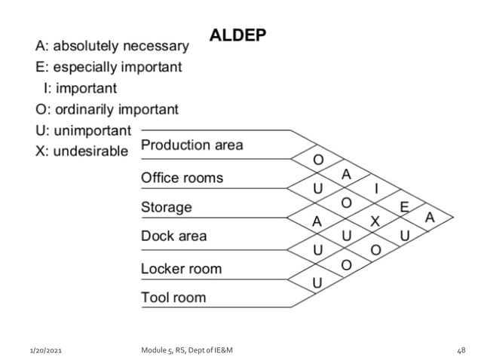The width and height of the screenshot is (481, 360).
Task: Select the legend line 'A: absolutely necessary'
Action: click(112, 45)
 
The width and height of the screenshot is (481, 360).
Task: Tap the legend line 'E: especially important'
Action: click(109, 67)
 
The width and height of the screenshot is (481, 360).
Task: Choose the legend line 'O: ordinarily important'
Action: click(107, 109)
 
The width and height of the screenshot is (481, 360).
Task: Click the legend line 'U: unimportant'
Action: click(83, 130)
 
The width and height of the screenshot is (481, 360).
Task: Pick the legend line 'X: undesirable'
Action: click(82, 151)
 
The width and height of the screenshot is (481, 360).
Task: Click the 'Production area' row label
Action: click(192, 144)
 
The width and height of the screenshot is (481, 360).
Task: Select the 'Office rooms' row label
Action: click(182, 178)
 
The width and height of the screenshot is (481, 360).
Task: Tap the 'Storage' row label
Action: click(167, 206)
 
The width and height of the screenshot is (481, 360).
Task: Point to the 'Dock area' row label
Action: click(173, 236)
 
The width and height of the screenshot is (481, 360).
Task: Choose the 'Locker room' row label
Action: click(181, 268)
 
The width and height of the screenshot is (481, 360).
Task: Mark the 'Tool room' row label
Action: click(173, 297)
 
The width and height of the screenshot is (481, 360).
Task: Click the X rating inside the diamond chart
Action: click(375, 220)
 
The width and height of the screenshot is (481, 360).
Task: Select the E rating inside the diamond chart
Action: click(404, 206)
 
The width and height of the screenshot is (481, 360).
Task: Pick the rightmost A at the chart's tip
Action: click(430, 218)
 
